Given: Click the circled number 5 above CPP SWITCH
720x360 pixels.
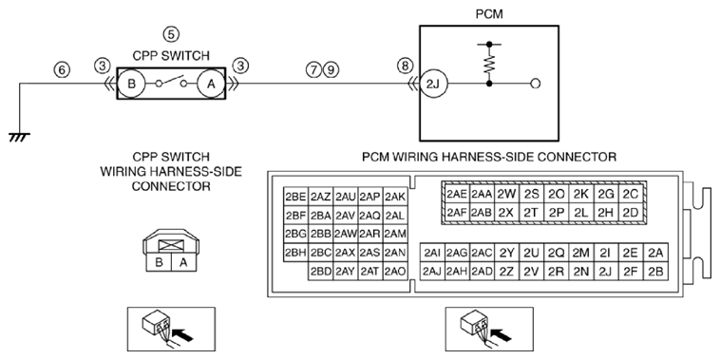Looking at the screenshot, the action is coord(171,34).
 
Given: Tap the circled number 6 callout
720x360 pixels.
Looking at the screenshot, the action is coord(62,69).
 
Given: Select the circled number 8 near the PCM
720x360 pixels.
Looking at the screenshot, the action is coord(405,66).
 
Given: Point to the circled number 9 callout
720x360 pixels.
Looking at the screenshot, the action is coord(331,69).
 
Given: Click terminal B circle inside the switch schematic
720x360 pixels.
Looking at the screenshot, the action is coord(131,84).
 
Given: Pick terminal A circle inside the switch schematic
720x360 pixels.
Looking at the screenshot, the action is coord(211,84).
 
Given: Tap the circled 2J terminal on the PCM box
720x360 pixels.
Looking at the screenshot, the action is coord(434,84).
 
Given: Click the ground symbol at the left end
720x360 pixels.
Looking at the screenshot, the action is coord(19,138).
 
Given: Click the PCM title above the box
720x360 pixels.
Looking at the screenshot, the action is coord(489,14).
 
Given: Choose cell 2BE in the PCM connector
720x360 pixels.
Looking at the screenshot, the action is coord(295,197).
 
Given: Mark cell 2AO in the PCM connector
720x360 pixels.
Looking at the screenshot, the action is coord(395,271).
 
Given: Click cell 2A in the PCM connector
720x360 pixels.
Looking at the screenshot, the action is coord(655,253).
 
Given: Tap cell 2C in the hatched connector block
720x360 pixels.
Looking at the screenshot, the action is coord(631,194).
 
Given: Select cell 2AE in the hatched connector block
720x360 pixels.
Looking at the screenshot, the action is coord(457,194).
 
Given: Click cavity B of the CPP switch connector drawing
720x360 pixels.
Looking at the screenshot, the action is coord(159,262).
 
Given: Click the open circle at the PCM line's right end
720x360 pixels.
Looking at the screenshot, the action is coord(535,84).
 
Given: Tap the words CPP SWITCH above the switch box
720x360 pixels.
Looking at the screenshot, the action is coord(171,55).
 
